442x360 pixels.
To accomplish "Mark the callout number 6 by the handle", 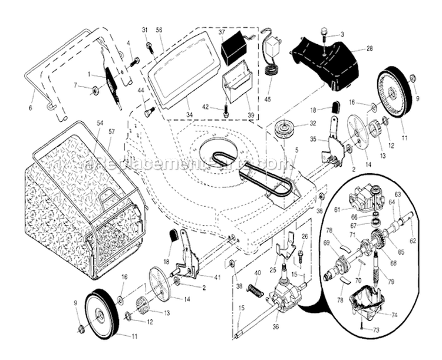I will click(30, 107).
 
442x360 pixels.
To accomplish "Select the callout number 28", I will click(370, 48).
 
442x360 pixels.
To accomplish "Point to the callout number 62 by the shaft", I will click(413, 224).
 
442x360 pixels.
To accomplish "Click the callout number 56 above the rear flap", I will click(159, 30).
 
